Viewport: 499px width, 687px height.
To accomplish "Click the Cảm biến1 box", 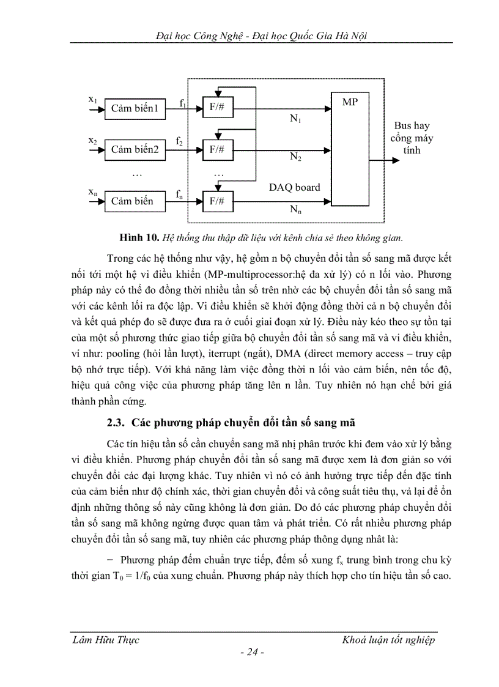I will [135, 109].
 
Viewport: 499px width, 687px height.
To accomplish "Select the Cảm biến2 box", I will [135, 149].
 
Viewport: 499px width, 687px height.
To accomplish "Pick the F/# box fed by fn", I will [217, 201].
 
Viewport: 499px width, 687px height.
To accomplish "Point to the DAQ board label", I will [294, 187].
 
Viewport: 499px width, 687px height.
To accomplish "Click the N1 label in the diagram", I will [295, 119].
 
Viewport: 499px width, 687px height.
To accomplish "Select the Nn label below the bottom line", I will [295, 210].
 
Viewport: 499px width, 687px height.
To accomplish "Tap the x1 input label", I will [93, 99].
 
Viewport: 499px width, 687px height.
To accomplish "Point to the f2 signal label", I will [179, 141].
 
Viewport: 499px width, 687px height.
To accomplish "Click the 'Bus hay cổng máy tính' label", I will [412, 138].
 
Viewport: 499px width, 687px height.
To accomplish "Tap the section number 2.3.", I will [116, 423].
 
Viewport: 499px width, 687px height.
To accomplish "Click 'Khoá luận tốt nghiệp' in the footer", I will [388, 640].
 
